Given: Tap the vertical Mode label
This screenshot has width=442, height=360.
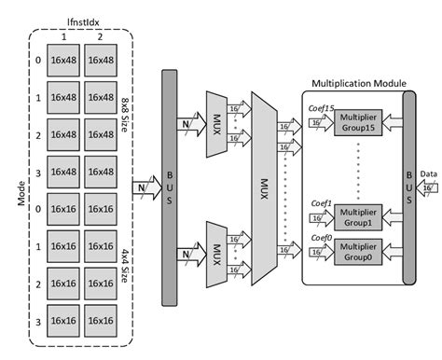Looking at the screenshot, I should [10, 187].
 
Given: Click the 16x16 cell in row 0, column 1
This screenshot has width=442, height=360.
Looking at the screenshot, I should [62, 210].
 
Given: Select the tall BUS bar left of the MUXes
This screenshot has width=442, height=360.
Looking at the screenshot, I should [171, 187].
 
